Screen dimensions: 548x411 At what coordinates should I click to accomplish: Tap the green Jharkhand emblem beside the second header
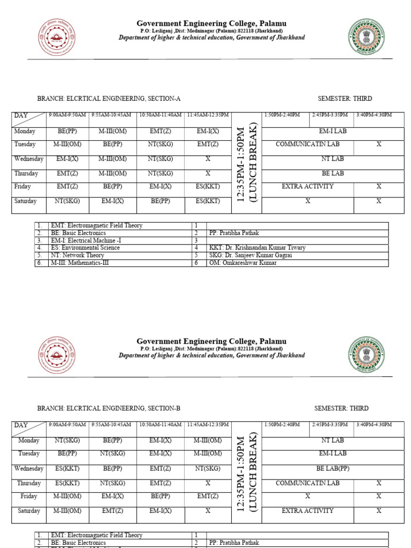(x=366, y=354)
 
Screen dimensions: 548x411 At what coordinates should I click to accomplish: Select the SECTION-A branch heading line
(x=109, y=98)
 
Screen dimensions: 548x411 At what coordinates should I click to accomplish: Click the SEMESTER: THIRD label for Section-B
(x=341, y=408)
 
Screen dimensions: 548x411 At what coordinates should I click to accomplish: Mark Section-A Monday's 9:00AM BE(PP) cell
(x=67, y=131)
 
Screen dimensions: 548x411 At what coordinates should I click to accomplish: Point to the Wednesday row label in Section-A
(x=29, y=159)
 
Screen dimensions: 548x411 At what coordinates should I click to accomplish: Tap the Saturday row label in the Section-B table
(x=29, y=511)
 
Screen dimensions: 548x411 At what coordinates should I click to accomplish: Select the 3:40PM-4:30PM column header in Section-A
(x=374, y=115)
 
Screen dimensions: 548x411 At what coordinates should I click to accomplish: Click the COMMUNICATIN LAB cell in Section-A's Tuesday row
(x=307, y=144)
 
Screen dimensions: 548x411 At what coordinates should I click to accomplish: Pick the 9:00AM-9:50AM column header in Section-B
(x=67, y=425)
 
